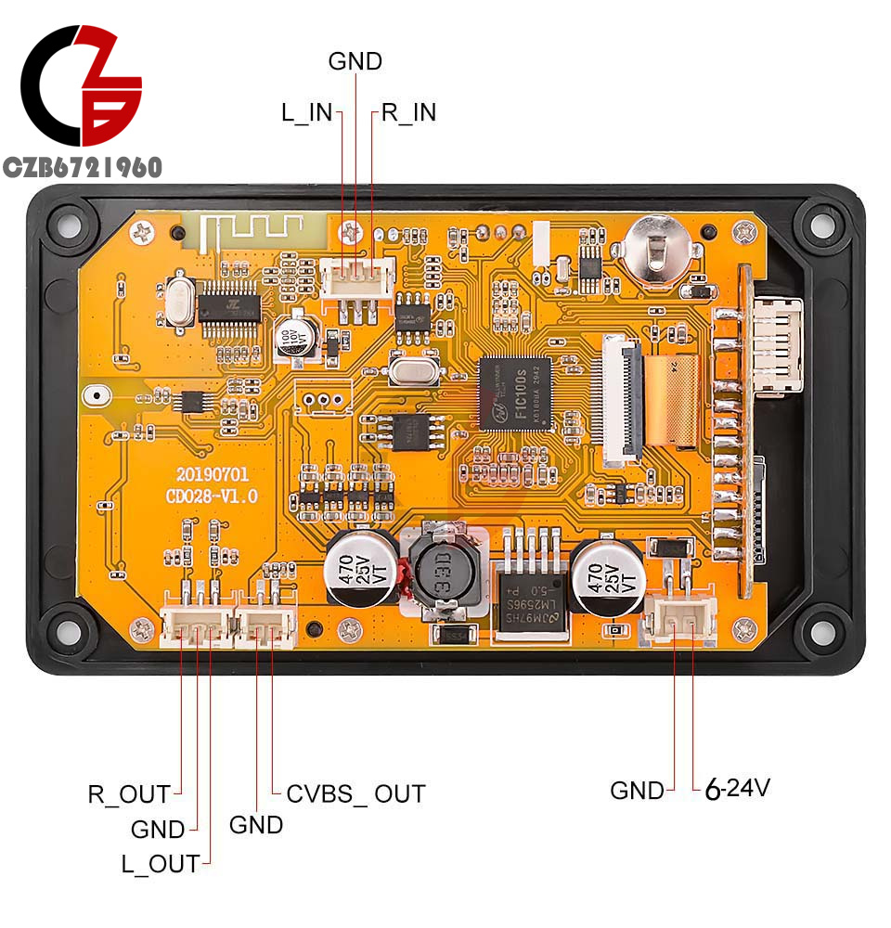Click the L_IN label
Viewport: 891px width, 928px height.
pyautogui.click(x=306, y=112)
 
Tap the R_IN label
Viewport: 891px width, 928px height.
pyautogui.click(x=408, y=112)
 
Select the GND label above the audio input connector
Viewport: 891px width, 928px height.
pyautogui.click(x=355, y=61)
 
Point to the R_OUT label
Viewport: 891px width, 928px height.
pyautogui.click(x=129, y=794)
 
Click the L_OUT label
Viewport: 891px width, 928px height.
pyautogui.click(x=160, y=864)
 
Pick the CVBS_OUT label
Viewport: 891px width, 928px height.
pyautogui.click(x=355, y=793)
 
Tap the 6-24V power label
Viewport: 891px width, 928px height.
pyautogui.click(x=738, y=789)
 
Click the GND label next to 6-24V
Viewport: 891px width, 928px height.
pyautogui.click(x=637, y=791)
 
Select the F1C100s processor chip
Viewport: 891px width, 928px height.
pyautogui.click(x=514, y=393)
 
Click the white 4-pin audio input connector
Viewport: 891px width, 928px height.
pyautogui.click(x=357, y=277)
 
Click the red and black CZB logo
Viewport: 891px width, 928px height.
pyautogui.click(x=82, y=85)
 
